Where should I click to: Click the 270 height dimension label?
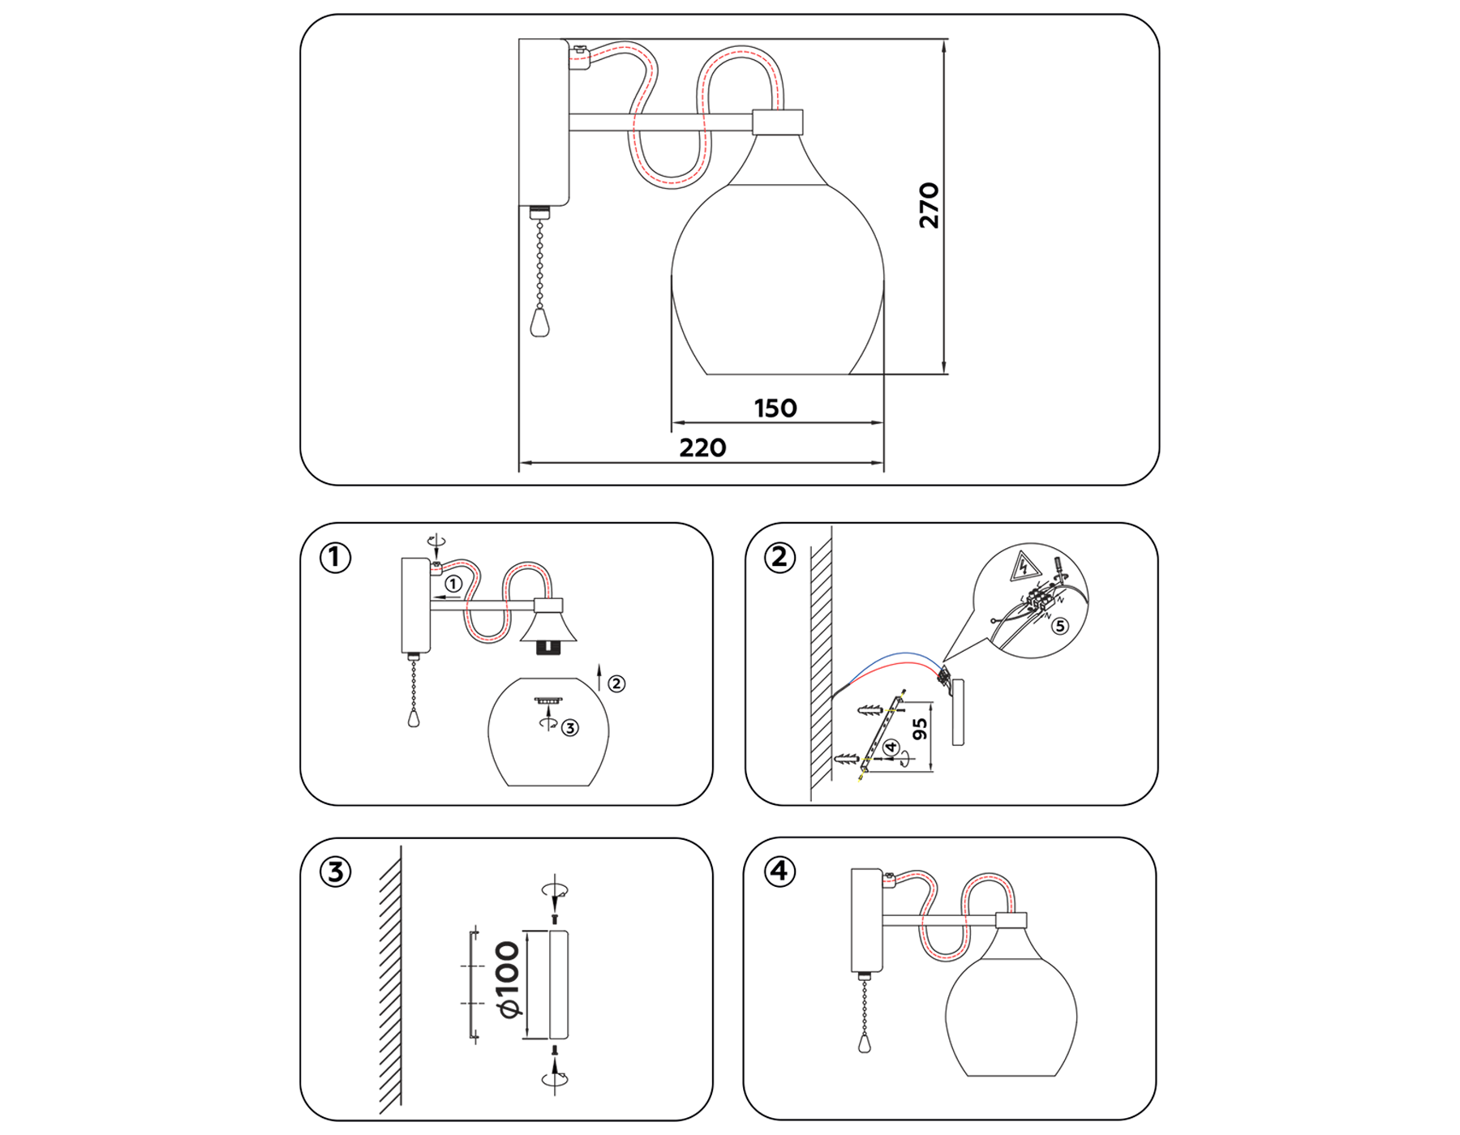929,206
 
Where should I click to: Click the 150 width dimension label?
775,408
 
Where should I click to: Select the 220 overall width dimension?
702,448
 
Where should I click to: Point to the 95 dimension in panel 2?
920,729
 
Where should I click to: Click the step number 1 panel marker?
335,558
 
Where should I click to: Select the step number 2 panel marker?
779,558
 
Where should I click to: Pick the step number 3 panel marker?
335,872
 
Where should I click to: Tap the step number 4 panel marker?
779,872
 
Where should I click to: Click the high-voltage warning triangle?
1024,566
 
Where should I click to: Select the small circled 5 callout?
1060,626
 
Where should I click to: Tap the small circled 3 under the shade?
570,728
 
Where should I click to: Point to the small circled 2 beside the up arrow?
616,683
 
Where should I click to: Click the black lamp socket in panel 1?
549,647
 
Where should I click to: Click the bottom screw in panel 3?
555,1051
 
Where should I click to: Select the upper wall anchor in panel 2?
870,711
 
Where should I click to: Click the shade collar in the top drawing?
777,122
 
